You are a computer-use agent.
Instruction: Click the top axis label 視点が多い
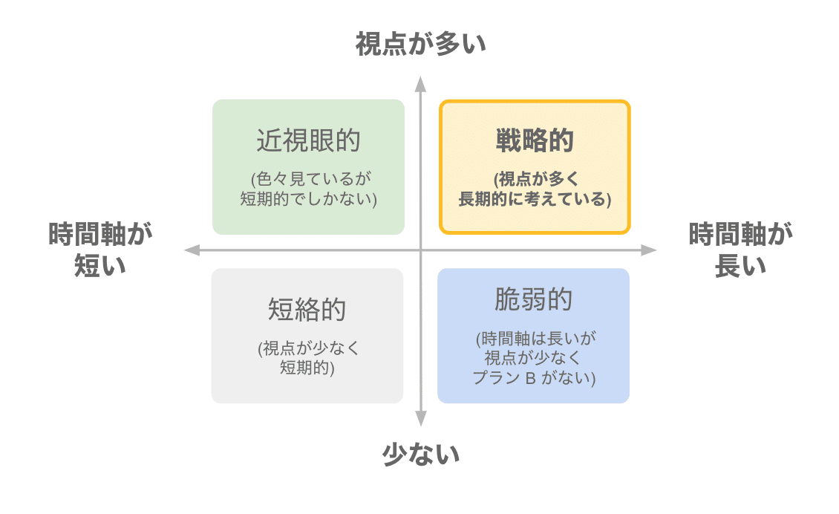click(x=420, y=44)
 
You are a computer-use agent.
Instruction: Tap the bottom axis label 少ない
click(x=420, y=453)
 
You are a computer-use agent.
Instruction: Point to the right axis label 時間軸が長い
click(x=740, y=250)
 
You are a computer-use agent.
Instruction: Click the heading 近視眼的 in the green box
click(x=308, y=140)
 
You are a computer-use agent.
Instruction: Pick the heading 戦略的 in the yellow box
click(x=535, y=140)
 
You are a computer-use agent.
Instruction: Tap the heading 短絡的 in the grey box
click(x=307, y=309)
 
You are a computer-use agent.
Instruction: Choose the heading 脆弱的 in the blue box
click(x=534, y=299)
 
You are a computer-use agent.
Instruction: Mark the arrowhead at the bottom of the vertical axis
click(x=420, y=420)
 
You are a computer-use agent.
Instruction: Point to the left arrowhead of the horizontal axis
click(x=191, y=250)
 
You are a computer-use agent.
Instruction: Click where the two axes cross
click(x=420, y=250)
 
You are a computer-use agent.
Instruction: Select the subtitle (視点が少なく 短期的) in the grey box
click(x=307, y=358)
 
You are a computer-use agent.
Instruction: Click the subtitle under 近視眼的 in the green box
click(x=308, y=189)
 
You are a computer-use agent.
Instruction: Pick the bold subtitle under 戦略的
click(x=535, y=189)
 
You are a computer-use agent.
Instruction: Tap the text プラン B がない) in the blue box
click(x=535, y=377)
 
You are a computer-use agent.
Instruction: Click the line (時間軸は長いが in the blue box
click(x=535, y=339)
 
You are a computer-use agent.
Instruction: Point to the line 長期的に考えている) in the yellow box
click(x=535, y=199)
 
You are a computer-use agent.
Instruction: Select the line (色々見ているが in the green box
click(x=308, y=179)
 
